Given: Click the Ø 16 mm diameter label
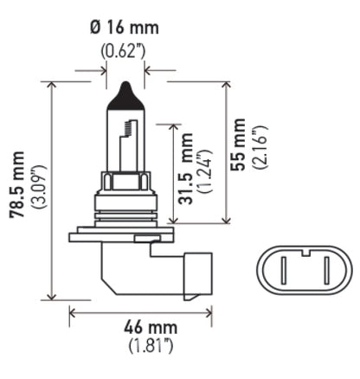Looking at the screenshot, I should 124,28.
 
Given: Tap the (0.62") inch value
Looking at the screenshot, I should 124,49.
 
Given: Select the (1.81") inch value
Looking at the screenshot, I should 148,348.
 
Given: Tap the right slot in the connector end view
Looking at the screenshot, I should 326,270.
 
